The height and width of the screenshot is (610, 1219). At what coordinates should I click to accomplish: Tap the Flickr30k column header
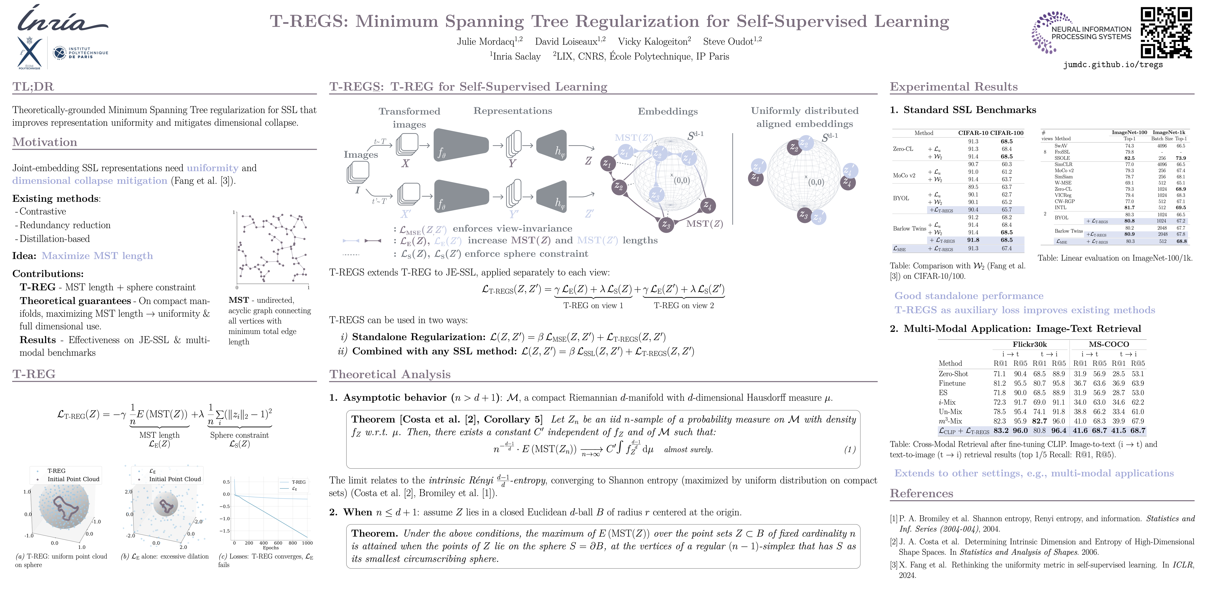click(1029, 344)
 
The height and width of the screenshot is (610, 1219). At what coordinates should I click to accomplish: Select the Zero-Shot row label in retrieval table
click(953, 374)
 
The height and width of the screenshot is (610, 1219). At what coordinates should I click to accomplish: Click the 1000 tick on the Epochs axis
click(307, 543)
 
